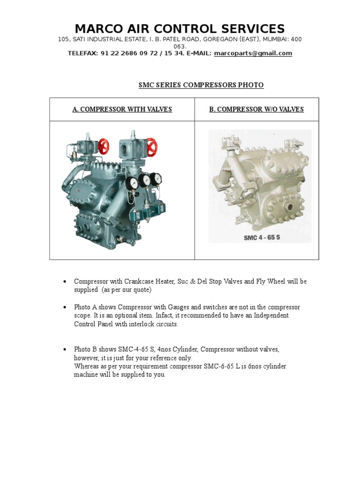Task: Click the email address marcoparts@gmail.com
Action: click(253, 53)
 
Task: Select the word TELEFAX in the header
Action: click(83, 53)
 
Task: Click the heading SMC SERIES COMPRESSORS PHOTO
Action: click(201, 85)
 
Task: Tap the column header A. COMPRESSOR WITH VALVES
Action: click(122, 109)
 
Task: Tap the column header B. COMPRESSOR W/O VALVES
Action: click(256, 109)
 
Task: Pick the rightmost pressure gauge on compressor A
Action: click(157, 178)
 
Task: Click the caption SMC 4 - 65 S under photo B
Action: click(262, 237)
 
